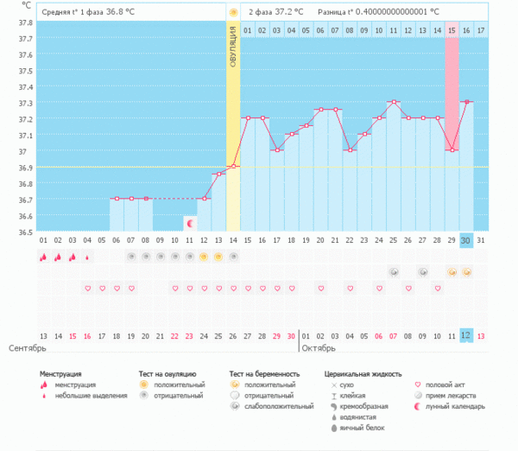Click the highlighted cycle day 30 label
click(465, 240)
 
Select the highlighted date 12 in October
click(465, 335)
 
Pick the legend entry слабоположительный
click(278, 405)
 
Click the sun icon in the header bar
click(233, 13)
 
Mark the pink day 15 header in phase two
click(452, 31)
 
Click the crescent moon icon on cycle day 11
click(190, 223)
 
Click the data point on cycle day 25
click(394, 102)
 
